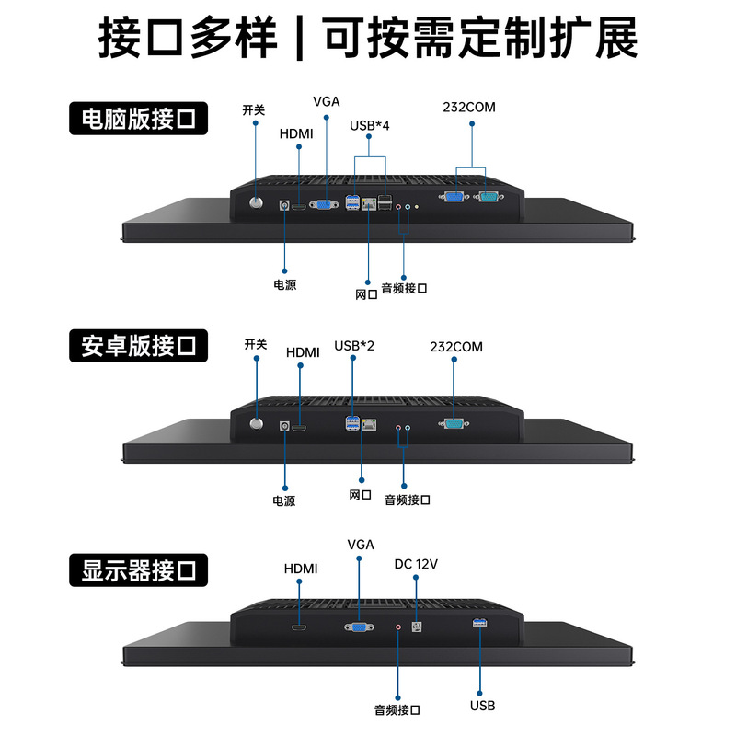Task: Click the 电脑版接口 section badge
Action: pos(139,120)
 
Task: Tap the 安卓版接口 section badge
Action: pos(139,346)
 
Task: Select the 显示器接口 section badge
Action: pos(139,570)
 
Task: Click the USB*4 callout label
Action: pos(370,125)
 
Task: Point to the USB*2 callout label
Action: pos(354,346)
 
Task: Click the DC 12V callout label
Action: pos(416,564)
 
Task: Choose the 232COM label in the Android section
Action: pos(455,347)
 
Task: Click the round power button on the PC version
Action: pos(257,200)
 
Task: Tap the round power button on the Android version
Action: pos(258,424)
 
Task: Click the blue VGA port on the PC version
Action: pos(324,205)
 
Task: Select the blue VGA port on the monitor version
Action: pos(359,627)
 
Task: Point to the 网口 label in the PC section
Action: pos(366,294)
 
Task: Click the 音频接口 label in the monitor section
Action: pos(397,709)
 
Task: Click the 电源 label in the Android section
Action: pos(284,501)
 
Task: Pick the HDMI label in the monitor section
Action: pos(300,569)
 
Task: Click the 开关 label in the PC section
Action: pos(254,110)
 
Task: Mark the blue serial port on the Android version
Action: pos(453,425)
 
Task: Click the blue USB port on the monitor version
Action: pos(477,626)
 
